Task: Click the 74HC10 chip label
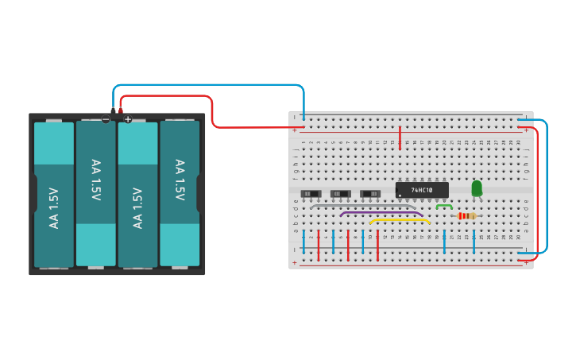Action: pos(422,191)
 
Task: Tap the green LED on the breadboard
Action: pos(476,188)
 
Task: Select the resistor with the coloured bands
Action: pos(468,215)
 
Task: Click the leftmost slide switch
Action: pos(310,193)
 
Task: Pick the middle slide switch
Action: pos(340,193)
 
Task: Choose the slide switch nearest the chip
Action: pos(370,193)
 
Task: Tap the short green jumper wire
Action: pos(444,205)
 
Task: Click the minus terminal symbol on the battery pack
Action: pos(106,119)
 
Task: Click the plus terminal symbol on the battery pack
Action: pos(128,119)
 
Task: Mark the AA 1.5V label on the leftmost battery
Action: pos(54,207)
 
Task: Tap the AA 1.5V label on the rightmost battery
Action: pos(180,180)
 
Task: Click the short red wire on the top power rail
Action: pos(400,137)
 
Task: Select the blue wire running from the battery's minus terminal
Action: pos(207,84)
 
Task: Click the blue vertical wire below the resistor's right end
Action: pos(474,238)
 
